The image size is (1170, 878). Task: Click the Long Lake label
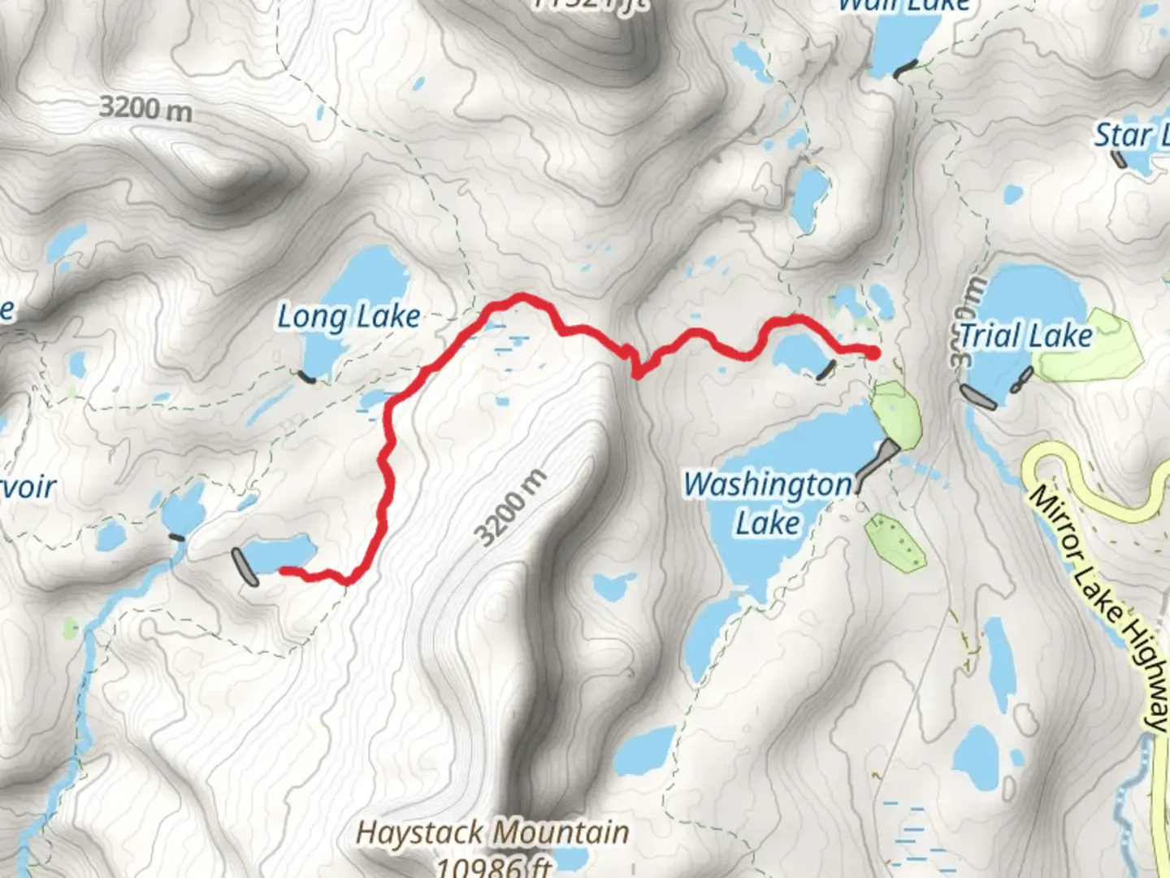pyautogui.click(x=349, y=317)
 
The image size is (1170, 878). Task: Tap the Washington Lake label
pyautogui.click(x=767, y=502)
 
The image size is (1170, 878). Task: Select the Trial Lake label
pyautogui.click(x=1025, y=336)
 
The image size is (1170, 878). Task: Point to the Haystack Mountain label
pyautogui.click(x=492, y=833)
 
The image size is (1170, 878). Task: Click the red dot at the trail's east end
pyautogui.click(x=872, y=353)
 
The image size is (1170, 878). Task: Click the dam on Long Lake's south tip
pyautogui.click(x=306, y=376)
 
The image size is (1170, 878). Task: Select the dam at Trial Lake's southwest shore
pyautogui.click(x=978, y=398)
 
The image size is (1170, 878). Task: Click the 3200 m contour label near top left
pyautogui.click(x=146, y=107)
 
